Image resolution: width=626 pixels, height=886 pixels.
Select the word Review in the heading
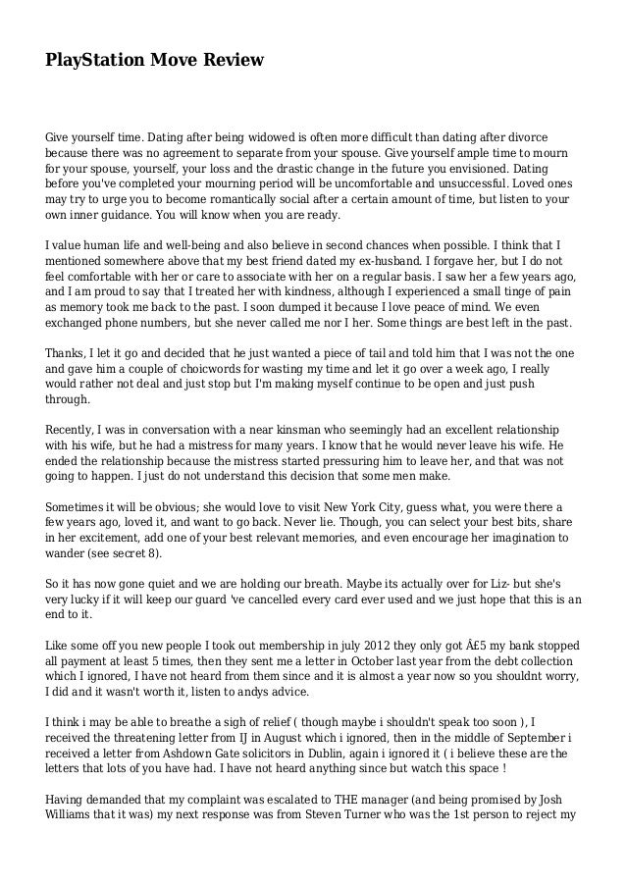233,62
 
